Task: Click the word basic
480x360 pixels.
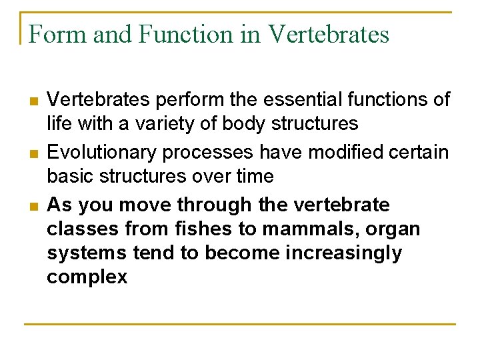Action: (x=70, y=176)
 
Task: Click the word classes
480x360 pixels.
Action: (x=81, y=229)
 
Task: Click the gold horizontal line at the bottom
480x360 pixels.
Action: (x=240, y=325)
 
